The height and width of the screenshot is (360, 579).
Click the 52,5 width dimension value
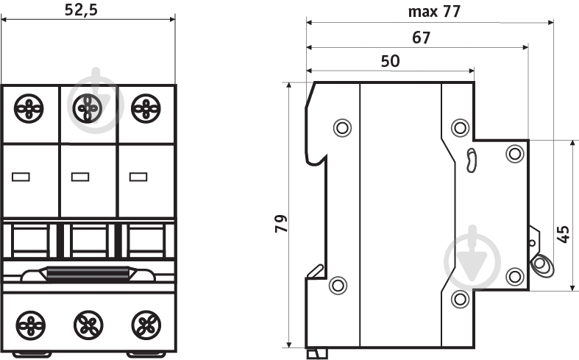point(81,10)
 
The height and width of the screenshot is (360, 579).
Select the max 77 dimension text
point(434,12)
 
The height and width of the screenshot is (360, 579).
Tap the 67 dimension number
point(422,38)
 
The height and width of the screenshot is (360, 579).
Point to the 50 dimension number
point(391,61)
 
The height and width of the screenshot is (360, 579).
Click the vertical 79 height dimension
point(281,223)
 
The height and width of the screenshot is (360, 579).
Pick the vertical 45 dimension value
point(563,234)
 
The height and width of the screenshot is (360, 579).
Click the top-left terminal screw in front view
point(29,109)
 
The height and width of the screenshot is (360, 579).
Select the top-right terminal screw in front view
point(146,109)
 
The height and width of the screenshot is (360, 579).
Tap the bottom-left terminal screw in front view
point(31,325)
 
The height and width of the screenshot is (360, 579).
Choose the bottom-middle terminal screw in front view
point(88,325)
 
